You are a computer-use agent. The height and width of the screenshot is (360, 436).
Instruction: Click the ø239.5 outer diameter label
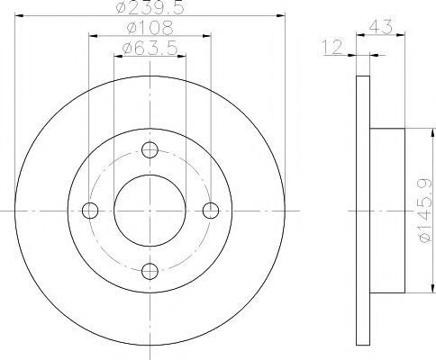click(x=150, y=6)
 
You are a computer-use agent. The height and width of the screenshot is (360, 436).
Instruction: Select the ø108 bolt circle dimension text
click(x=150, y=28)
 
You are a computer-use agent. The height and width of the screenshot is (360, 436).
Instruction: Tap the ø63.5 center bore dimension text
click(x=150, y=48)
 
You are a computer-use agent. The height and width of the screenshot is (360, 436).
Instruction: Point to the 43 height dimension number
click(x=380, y=26)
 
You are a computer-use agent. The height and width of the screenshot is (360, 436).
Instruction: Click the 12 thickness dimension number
click(x=332, y=47)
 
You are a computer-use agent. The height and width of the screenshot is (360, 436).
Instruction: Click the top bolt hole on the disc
click(x=150, y=150)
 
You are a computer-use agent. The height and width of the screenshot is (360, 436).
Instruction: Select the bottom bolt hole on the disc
click(x=150, y=272)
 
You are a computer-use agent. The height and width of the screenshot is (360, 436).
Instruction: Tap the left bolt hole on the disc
click(x=90, y=211)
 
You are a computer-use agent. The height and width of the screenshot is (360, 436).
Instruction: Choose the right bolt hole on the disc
click(x=211, y=211)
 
